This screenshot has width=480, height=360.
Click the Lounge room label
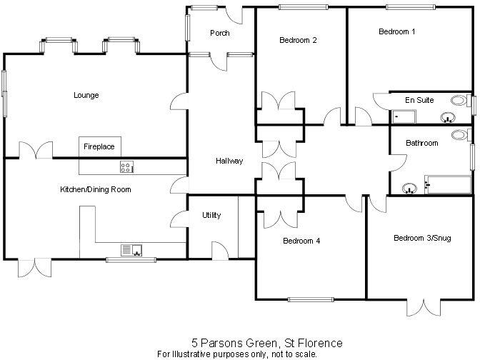click(x=86, y=95)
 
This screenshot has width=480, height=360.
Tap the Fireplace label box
click(x=99, y=146)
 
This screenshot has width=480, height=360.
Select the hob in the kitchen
click(x=127, y=168)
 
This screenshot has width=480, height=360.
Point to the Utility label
click(x=211, y=215)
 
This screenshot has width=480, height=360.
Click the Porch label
click(x=219, y=34)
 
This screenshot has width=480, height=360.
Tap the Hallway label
click(x=229, y=161)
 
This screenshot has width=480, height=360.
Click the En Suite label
click(x=419, y=101)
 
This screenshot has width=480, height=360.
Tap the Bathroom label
click(x=421, y=143)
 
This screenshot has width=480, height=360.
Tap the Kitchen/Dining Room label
click(x=95, y=189)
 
